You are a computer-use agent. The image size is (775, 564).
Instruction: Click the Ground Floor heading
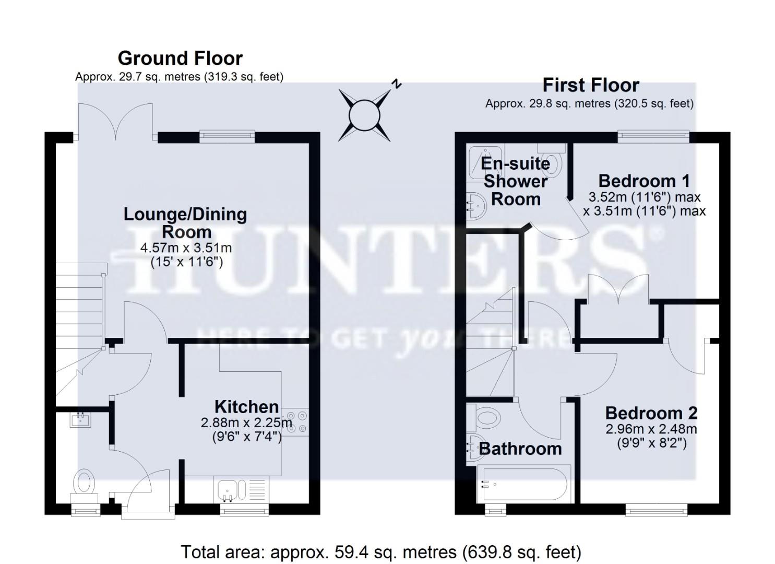180,58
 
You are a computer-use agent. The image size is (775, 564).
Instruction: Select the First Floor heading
591,85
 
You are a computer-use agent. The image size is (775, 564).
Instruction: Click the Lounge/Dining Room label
185,223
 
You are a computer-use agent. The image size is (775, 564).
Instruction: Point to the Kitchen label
246,406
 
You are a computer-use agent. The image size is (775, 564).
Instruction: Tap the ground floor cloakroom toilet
85,481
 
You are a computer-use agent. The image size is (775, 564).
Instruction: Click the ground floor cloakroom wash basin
80,419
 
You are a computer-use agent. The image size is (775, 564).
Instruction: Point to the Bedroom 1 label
644,181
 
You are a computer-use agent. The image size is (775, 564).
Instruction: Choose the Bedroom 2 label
651,413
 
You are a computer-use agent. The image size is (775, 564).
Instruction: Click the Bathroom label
520,449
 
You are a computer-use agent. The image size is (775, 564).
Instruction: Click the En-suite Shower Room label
516,181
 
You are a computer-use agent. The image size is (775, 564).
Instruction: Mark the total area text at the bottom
381,552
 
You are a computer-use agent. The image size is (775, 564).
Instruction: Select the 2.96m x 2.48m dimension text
651,430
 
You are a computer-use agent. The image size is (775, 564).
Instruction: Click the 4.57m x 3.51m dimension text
186,248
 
